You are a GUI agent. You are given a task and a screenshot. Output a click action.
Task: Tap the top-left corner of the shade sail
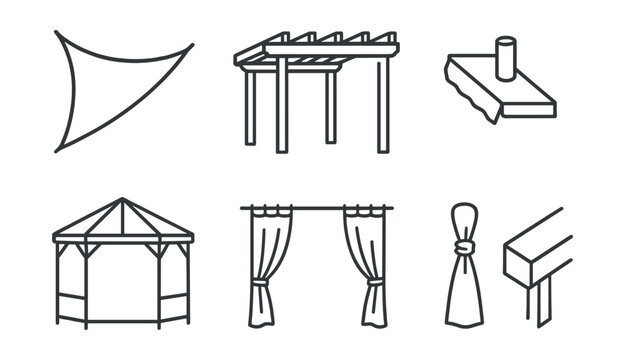pyautogui.click(x=57, y=33)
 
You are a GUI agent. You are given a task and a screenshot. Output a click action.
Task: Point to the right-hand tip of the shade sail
pyautogui.click(x=191, y=45)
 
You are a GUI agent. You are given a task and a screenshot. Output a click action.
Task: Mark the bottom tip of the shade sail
pyautogui.click(x=58, y=150)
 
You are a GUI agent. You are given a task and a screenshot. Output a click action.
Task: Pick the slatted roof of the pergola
pyautogui.click(x=316, y=45)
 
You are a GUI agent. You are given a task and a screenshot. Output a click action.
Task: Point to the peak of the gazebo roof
pyautogui.click(x=122, y=200)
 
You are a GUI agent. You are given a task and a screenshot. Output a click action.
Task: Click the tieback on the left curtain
pyautogui.click(x=259, y=283)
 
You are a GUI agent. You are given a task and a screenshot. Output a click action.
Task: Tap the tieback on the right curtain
pyautogui.click(x=374, y=283)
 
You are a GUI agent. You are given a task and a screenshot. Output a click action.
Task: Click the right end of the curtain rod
pyautogui.click(x=390, y=208)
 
